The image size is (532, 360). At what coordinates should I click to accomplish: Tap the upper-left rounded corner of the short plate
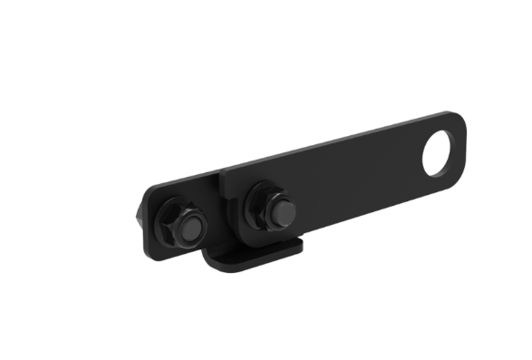click(x=151, y=191)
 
